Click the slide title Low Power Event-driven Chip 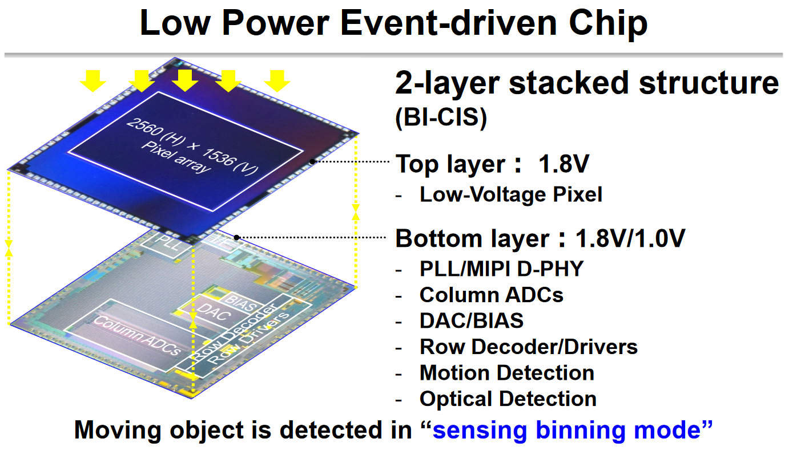click(x=393, y=24)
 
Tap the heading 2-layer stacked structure click(x=587, y=83)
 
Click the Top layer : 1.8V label click(x=492, y=165)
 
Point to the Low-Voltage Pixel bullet click(x=511, y=195)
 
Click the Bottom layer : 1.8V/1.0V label click(x=540, y=238)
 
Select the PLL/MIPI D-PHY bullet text click(x=501, y=269)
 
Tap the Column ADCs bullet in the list click(x=491, y=295)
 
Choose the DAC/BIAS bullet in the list click(x=472, y=320)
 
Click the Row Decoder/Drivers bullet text click(x=529, y=347)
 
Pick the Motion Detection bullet click(x=507, y=373)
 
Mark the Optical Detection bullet click(x=508, y=399)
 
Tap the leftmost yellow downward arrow click(x=92, y=80)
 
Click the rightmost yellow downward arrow click(x=277, y=80)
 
